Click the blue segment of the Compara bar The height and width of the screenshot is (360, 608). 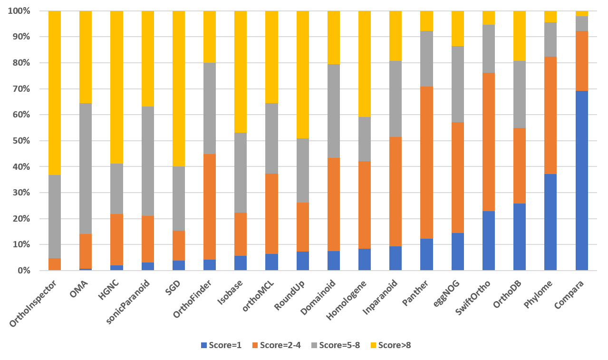tap(581, 181)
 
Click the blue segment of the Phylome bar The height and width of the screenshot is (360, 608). tap(550, 222)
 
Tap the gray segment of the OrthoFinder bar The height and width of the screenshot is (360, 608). tap(210, 108)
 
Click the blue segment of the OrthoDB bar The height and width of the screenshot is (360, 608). tap(520, 237)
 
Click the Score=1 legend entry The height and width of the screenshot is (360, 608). tap(221, 345)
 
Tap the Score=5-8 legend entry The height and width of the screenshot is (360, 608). tap(336, 345)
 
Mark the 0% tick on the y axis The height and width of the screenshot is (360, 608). tap(22, 271)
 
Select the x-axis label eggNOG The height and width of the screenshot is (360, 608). tap(450, 293)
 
